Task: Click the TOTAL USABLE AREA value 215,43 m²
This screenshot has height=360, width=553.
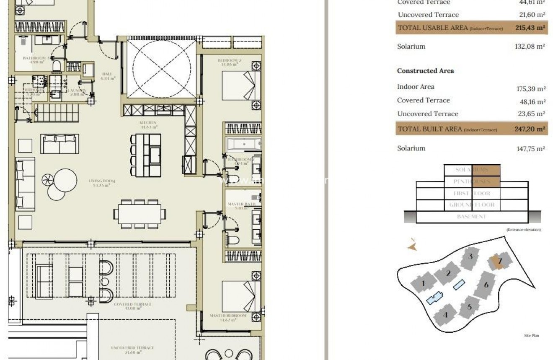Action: point(530,28)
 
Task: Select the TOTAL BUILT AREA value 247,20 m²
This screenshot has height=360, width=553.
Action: point(530,129)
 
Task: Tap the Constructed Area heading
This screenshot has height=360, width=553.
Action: point(425,71)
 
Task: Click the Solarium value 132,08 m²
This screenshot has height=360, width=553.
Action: point(530,47)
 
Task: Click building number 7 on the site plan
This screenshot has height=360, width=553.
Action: point(499,261)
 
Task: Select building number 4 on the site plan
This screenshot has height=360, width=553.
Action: point(445,315)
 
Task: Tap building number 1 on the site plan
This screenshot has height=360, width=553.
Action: point(423,284)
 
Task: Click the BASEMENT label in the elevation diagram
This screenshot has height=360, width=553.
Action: point(472,217)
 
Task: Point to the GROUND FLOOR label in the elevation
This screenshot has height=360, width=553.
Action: point(472,205)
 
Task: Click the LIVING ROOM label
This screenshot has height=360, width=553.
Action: point(102,181)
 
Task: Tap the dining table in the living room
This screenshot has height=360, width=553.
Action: point(140,214)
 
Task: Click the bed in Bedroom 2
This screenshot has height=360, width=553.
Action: point(241,85)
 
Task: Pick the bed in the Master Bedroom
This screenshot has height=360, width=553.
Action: point(241,295)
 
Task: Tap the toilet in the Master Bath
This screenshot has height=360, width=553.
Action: point(233,240)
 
